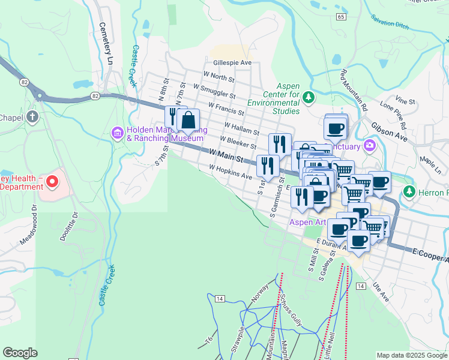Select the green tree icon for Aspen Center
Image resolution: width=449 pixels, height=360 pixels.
[307, 97]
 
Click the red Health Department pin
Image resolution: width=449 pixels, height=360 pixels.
[52, 181]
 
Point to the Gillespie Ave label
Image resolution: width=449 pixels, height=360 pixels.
[232, 62]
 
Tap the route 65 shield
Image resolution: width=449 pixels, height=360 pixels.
[341, 17]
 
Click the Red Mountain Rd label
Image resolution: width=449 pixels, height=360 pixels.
[354, 91]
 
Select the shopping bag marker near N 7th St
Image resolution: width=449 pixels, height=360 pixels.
[188, 121]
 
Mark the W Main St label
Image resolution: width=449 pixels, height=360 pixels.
[226, 158]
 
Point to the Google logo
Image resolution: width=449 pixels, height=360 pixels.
[20, 353]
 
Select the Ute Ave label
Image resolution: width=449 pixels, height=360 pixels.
[381, 292]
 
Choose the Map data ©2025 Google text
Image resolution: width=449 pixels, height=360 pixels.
[412, 355]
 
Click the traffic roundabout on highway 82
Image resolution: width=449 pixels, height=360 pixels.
[40, 94]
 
